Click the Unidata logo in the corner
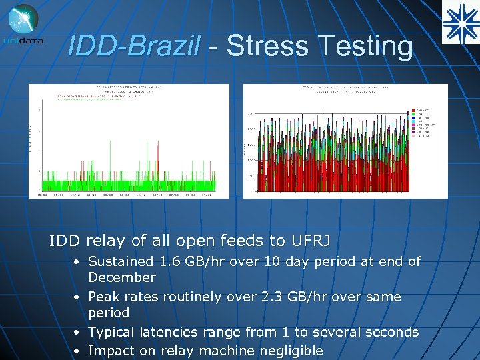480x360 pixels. (x=23, y=25)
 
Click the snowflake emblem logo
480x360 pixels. (x=459, y=22)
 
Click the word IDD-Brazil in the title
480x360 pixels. (x=134, y=46)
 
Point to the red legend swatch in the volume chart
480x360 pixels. (x=415, y=108)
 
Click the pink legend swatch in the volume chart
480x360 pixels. (x=415, y=125)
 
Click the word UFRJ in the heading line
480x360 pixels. (x=313, y=241)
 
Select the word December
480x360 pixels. (x=122, y=277)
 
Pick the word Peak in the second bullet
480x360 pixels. (x=103, y=297)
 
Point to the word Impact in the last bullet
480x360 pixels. (x=111, y=351)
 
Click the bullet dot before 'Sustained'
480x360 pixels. (x=78, y=262)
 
